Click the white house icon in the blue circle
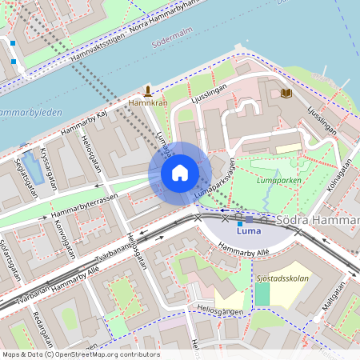point(180,173)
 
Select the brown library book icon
point(286,94)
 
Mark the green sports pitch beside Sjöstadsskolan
point(262,294)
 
